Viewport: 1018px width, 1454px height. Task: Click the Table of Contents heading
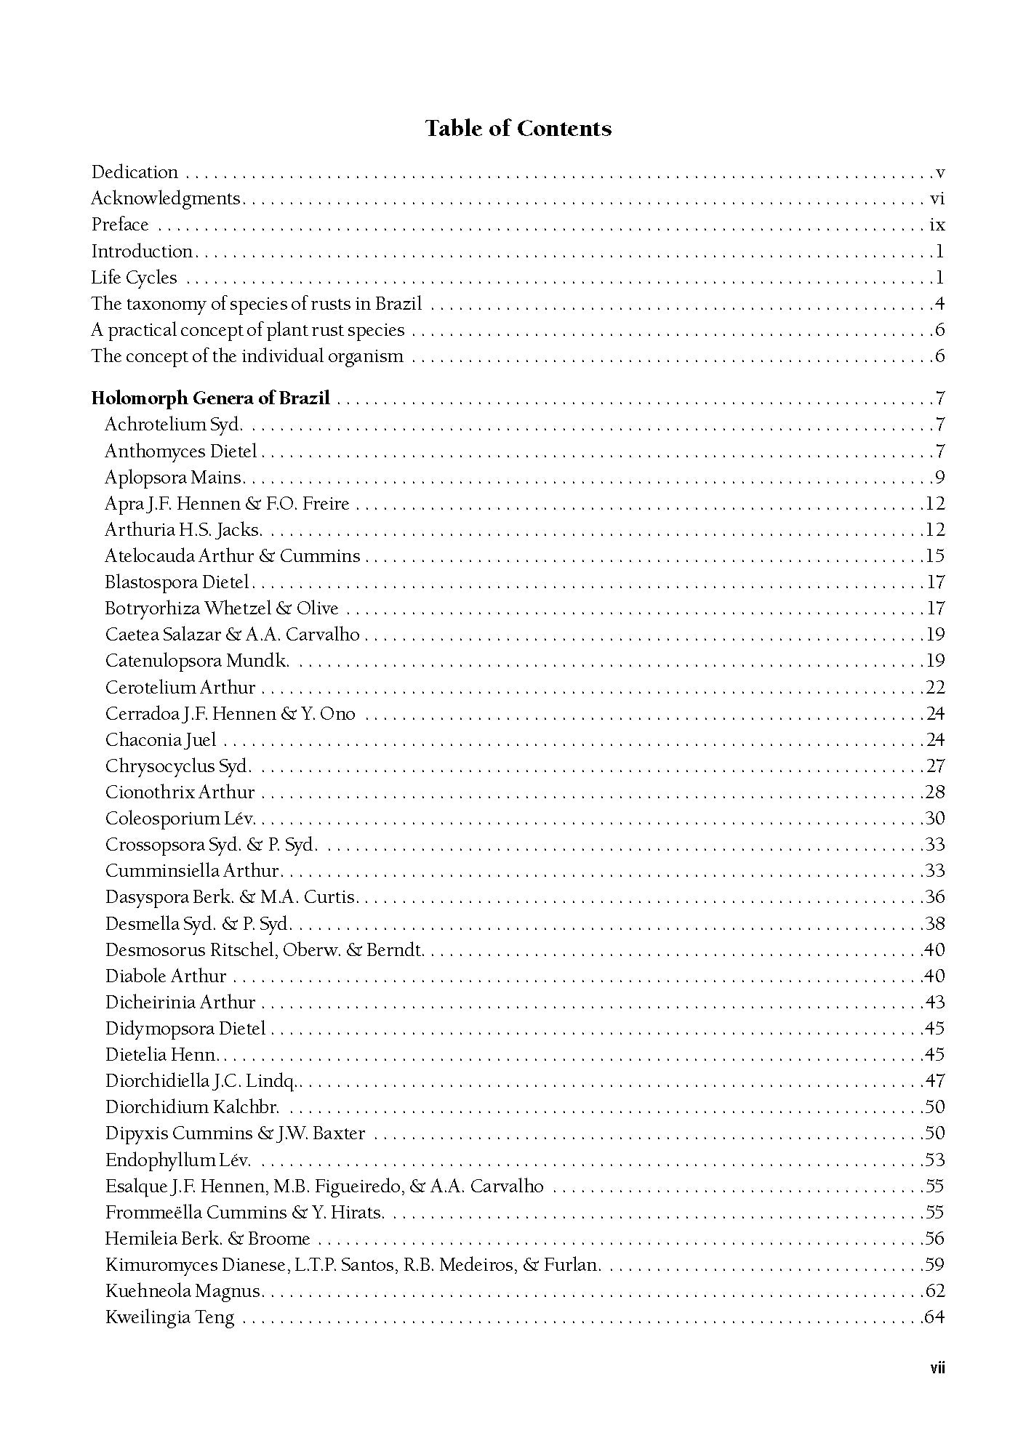[518, 129]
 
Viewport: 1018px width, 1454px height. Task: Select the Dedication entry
[135, 172]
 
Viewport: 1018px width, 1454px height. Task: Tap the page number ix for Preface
[937, 225]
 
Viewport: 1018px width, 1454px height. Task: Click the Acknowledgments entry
[165, 198]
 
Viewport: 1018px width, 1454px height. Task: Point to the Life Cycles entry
[134, 278]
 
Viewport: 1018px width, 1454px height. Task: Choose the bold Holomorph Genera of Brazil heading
[210, 398]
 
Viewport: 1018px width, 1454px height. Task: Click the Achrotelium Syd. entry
[173, 425]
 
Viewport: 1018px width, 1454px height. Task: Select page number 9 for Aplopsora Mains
[939, 478]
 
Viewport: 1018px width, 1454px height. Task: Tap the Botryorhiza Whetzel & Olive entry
[221, 608]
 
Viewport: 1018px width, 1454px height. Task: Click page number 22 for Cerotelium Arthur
[935, 688]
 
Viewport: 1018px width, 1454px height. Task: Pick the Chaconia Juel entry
[161, 740]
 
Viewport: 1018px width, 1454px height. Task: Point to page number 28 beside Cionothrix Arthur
[935, 792]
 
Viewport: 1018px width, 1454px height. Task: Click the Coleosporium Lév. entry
[180, 819]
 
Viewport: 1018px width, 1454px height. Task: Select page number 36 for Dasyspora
[935, 897]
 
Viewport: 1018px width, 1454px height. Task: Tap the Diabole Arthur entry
[165, 976]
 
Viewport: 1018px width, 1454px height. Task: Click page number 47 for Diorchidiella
[935, 1081]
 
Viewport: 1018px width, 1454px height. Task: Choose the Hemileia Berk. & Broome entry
[207, 1239]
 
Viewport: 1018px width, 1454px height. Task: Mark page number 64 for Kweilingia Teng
[935, 1317]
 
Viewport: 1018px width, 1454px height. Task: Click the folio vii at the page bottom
[937, 1369]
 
